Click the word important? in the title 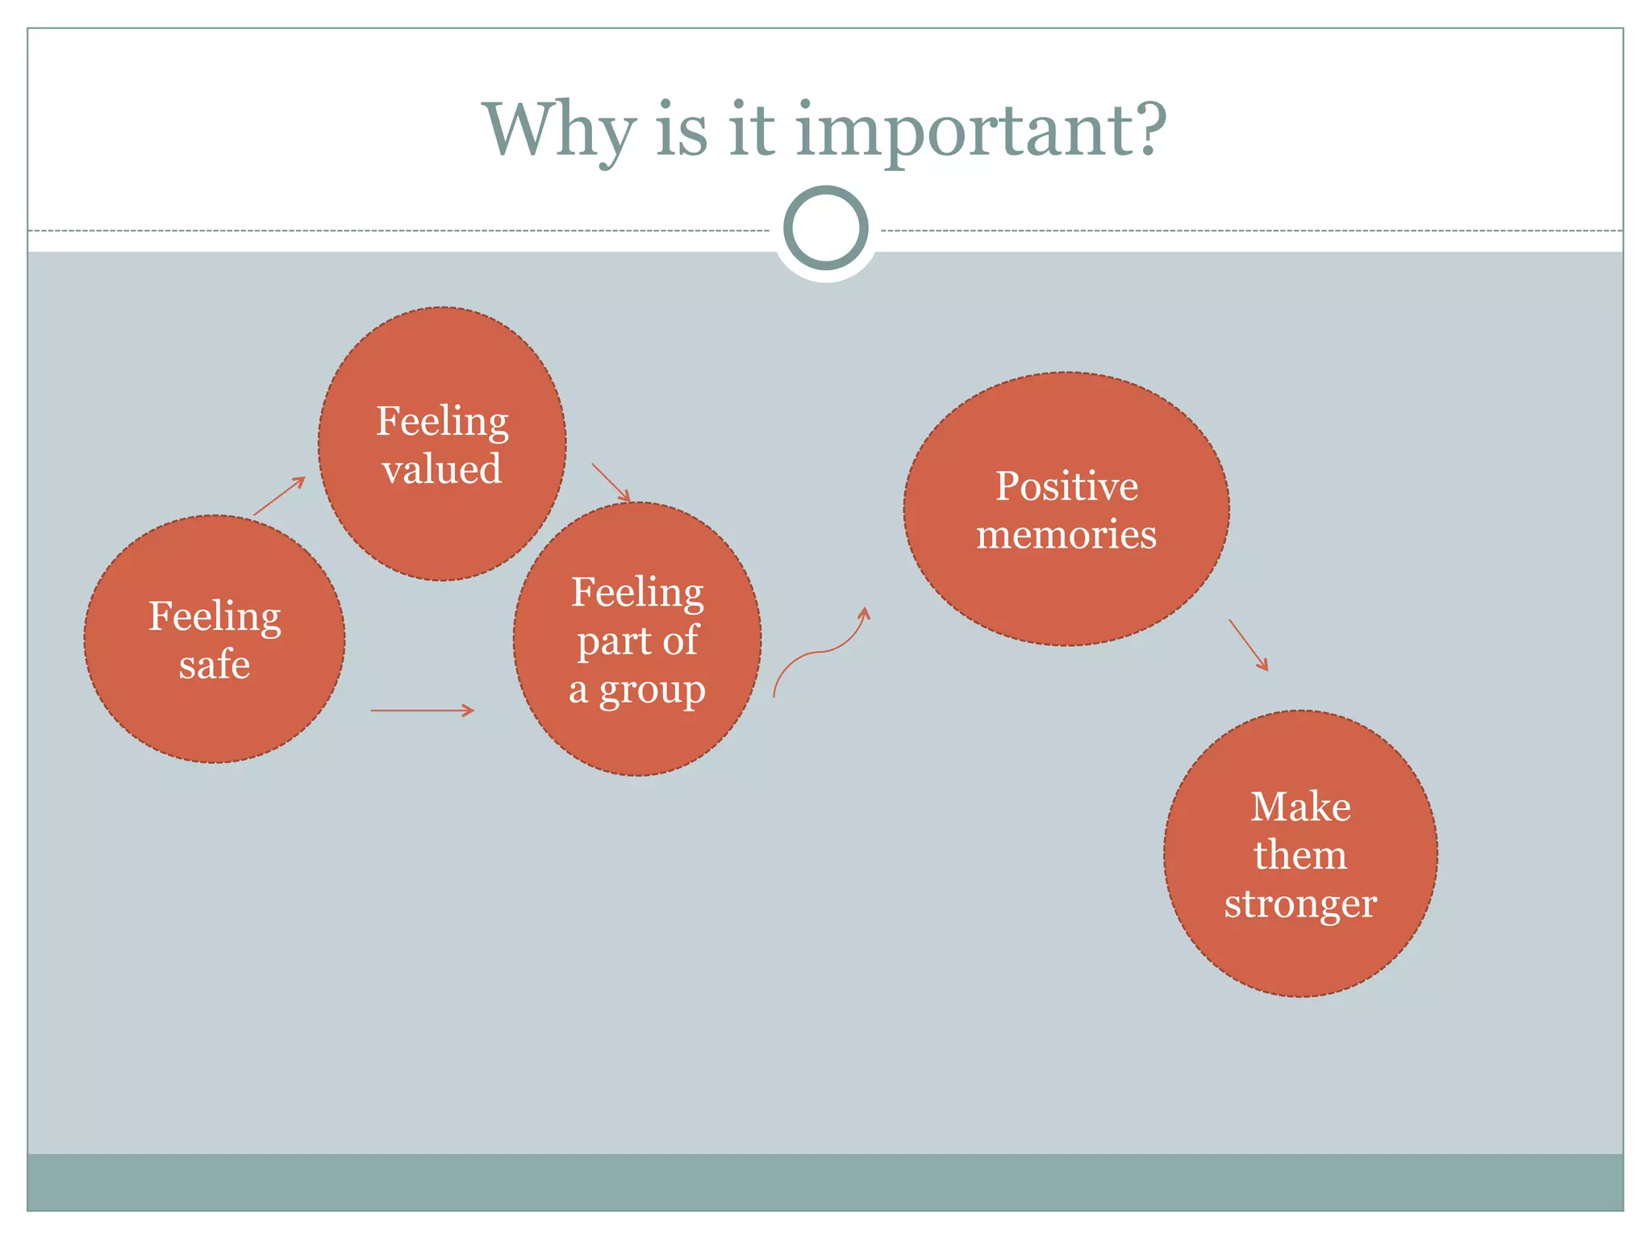(981, 132)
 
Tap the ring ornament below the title (825, 228)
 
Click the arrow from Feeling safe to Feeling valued (280, 495)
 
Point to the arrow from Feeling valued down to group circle (611, 482)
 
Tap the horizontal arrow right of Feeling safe (422, 710)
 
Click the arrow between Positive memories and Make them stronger (1248, 645)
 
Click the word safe (215, 665)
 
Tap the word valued (442, 469)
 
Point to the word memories (1066, 535)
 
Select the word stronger (1300, 903)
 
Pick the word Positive (1066, 486)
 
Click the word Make (1300, 807)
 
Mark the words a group (637, 690)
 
